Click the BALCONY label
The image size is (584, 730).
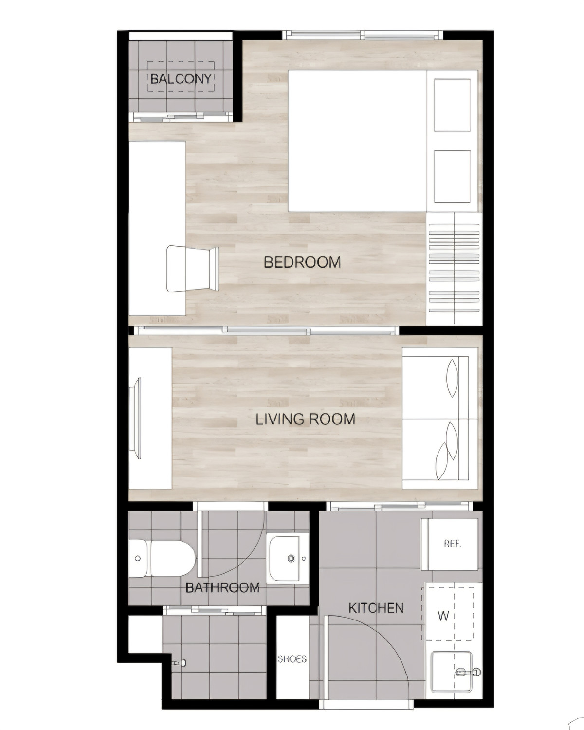coord(181,79)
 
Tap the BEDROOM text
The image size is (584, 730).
coord(302,262)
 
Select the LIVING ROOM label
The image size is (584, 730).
coord(306,420)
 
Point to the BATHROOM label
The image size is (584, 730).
coord(222,588)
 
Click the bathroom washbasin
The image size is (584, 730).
coord(285,558)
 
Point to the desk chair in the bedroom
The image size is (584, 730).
coord(192,269)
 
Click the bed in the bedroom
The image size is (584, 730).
coord(383,141)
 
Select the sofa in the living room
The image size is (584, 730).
coord(440,418)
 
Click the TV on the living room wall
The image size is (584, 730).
coord(137,419)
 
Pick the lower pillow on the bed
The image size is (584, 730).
coord(452,176)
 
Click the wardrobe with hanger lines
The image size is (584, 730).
coord(454,268)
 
